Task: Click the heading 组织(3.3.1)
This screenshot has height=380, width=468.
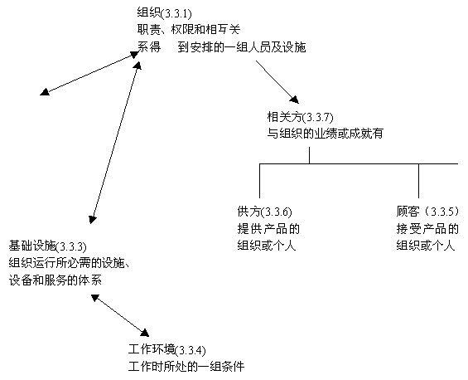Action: point(164,13)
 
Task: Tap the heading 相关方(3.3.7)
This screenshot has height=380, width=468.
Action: point(300,117)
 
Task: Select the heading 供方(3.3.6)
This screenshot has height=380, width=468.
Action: point(264,212)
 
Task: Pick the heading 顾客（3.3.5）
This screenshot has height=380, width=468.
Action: point(427,212)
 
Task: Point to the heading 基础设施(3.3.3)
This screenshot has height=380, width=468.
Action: point(47,246)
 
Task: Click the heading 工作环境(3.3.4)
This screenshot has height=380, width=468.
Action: point(166,349)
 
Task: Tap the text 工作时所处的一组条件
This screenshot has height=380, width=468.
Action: point(186,366)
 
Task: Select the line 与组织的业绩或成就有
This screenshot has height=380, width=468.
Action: point(325,134)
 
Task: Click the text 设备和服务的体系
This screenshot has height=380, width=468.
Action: point(55,280)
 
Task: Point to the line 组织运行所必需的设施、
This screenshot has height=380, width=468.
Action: point(69,263)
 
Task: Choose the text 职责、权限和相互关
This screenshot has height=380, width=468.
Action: point(189,30)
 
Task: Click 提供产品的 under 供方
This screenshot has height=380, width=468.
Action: point(268,229)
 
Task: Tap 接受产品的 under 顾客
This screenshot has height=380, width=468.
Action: point(427,229)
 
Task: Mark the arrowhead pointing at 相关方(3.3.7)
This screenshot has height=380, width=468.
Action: point(295,100)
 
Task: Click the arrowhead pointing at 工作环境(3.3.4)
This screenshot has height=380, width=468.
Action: point(144,333)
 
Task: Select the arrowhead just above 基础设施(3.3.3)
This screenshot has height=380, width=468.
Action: point(93,219)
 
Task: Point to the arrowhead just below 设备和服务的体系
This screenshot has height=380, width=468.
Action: point(95,298)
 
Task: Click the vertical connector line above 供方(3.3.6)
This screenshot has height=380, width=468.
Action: point(259,181)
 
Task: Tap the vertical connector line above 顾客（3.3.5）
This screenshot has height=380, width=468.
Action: point(418,181)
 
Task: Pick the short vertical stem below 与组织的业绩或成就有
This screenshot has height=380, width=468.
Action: point(310,155)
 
